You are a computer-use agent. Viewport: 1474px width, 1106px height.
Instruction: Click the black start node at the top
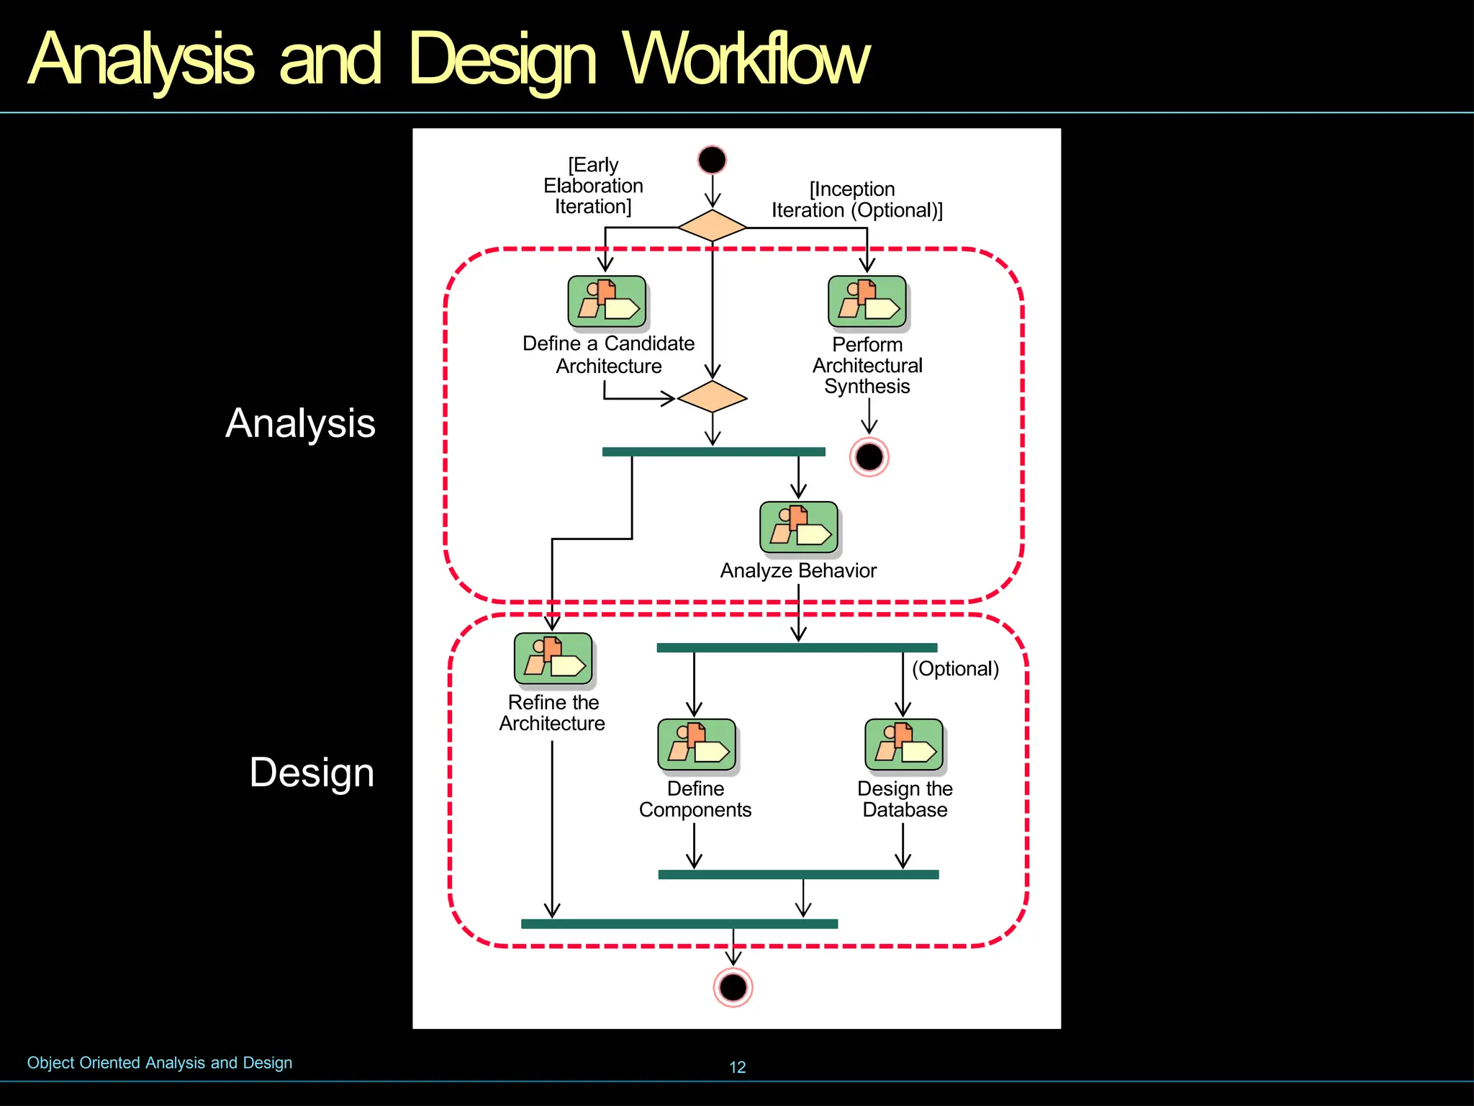point(712,160)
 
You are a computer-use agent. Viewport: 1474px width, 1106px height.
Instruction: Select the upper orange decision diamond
point(712,226)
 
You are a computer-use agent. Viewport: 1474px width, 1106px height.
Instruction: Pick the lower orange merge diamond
point(712,397)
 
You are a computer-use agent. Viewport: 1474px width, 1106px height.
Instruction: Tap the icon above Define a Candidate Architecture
point(607,302)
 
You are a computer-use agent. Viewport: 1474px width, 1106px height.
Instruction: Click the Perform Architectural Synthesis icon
point(867,302)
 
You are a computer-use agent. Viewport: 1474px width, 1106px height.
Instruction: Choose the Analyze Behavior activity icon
point(799,528)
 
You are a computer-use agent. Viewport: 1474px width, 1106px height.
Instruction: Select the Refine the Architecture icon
point(553,659)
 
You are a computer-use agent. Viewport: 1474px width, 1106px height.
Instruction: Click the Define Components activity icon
point(697,745)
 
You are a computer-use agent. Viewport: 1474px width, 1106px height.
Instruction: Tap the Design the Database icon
point(904,745)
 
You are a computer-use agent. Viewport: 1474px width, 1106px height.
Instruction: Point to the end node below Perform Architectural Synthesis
point(869,457)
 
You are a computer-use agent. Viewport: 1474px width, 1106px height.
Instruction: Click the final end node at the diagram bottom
point(733,986)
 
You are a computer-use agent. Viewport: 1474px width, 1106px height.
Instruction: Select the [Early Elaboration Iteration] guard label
point(593,186)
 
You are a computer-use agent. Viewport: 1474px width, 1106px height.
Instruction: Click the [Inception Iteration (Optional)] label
point(856,200)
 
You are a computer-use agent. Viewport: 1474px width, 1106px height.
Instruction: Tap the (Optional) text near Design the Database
point(955,669)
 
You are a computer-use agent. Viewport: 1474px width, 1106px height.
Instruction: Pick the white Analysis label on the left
point(300,423)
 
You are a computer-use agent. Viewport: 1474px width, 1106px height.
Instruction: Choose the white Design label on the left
point(312,773)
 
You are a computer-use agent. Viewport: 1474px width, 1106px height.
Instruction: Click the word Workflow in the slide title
point(746,59)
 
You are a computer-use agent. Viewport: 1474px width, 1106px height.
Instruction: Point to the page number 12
point(737,1067)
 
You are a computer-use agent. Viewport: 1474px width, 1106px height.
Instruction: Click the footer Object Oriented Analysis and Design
point(160,1063)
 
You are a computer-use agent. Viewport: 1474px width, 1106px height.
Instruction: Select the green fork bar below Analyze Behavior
point(797,648)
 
